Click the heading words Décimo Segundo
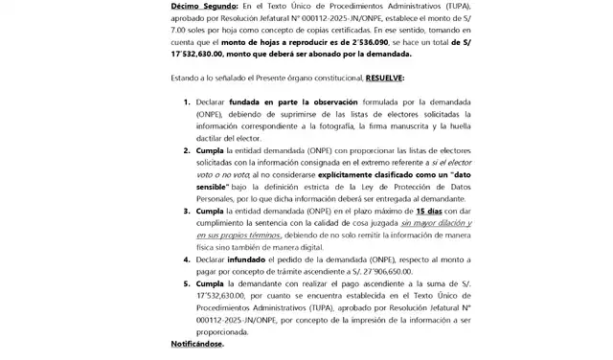point(202,7)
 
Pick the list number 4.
point(186,259)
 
